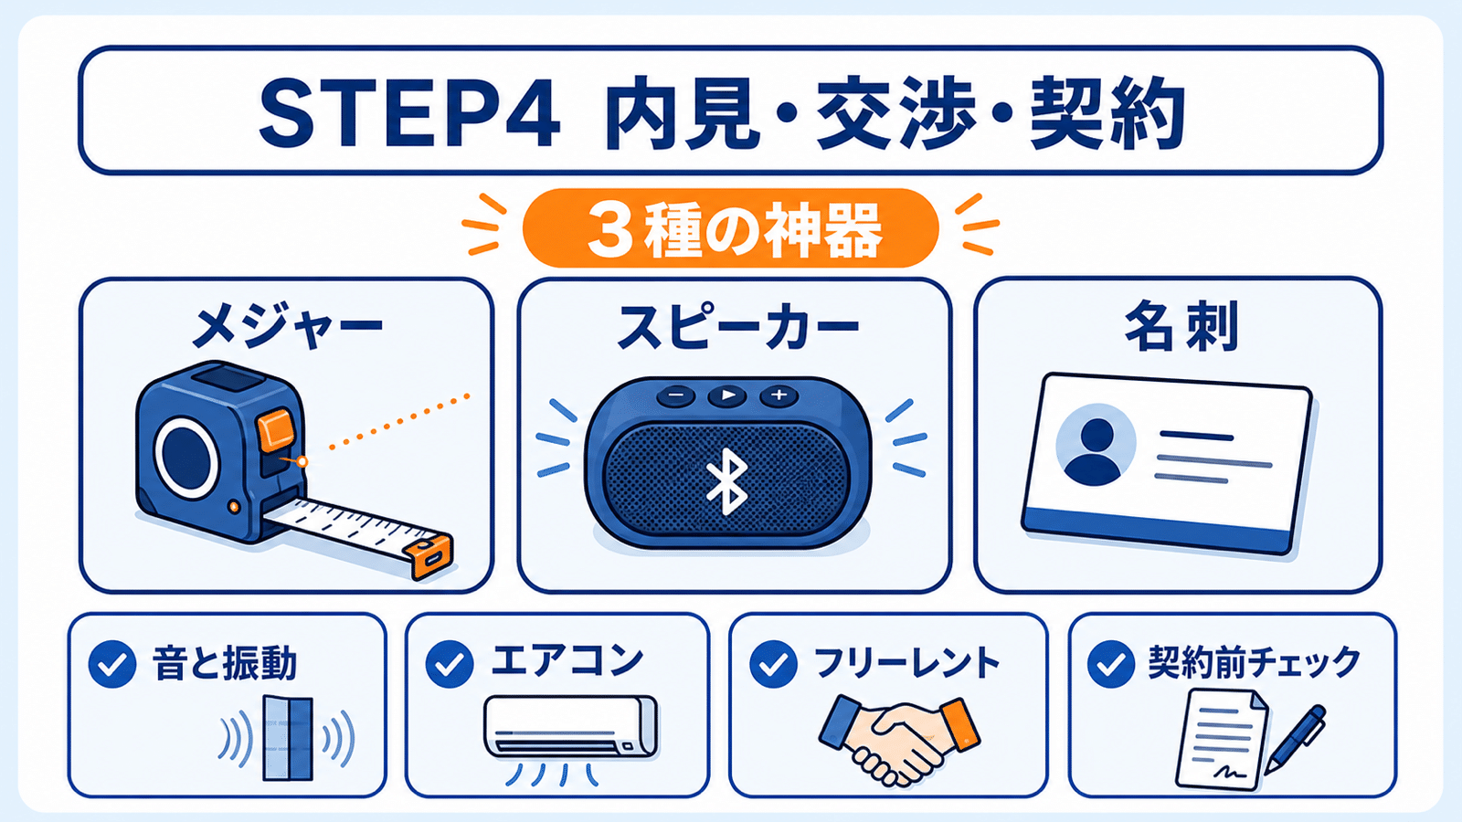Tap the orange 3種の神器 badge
730,227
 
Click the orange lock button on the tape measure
276,429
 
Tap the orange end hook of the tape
429,556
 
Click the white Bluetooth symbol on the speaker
727,481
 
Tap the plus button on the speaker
778,395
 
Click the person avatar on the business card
1096,445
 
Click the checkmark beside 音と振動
112,664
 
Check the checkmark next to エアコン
449,664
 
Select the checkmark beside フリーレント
773,664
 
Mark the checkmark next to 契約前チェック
1111,664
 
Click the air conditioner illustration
570,727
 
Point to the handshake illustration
899,741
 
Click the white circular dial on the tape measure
186,458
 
